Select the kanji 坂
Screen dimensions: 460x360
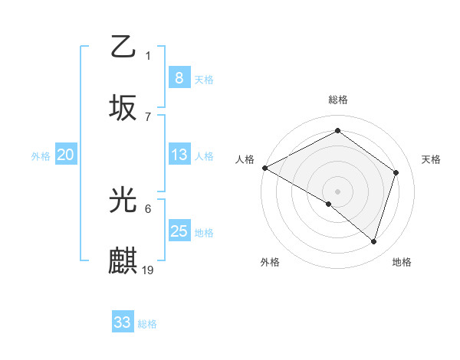click(123, 106)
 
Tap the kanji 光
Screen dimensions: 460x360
click(123, 201)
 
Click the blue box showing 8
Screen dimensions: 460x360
click(179, 77)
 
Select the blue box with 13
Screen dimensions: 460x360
click(179, 155)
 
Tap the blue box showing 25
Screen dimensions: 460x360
click(179, 231)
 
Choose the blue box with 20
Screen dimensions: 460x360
click(66, 155)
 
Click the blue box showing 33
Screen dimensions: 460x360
click(123, 322)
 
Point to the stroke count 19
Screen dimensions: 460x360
click(149, 270)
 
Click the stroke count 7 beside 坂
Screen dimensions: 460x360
click(148, 116)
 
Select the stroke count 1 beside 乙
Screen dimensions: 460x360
click(148, 55)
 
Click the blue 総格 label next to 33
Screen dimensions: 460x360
click(147, 324)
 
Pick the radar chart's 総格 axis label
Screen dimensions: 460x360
click(337, 100)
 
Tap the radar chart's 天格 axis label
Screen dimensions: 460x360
click(431, 159)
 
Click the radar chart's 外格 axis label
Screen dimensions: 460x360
click(270, 262)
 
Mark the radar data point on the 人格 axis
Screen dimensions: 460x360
click(264, 168)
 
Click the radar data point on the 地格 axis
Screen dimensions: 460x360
click(373, 241)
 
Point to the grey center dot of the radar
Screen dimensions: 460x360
click(337, 191)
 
